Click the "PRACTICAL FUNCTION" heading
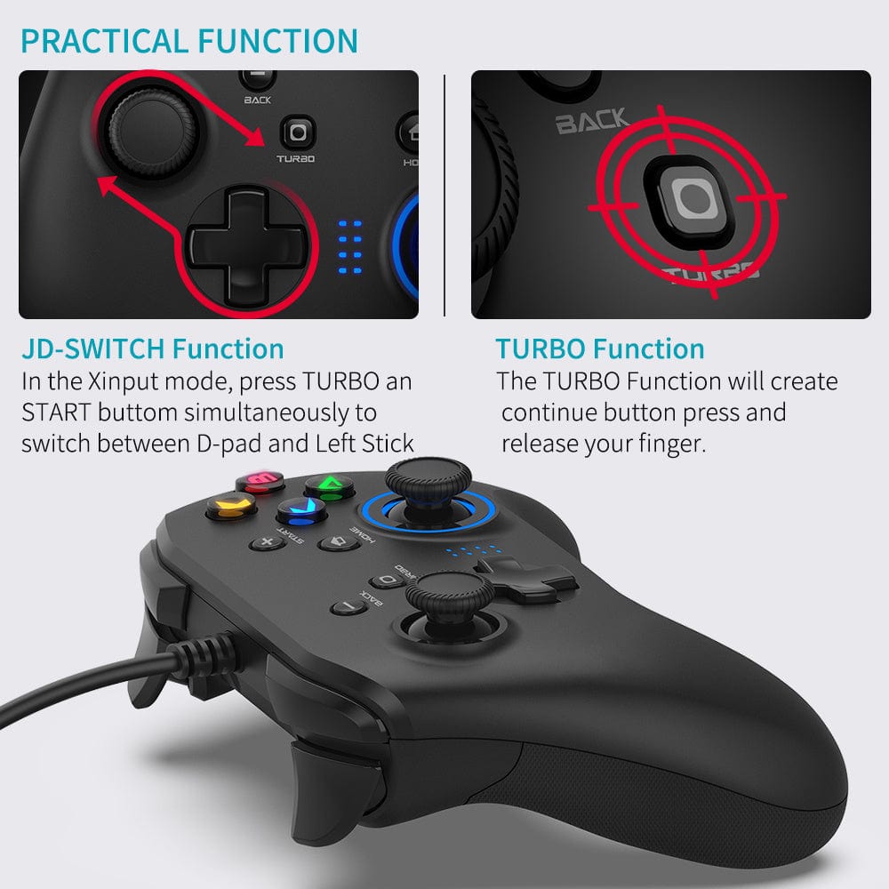(188, 41)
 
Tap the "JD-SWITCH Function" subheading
(153, 348)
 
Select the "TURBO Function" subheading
(600, 348)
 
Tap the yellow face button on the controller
(230, 508)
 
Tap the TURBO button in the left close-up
(296, 133)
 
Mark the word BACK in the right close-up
(592, 121)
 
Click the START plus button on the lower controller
(264, 541)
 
